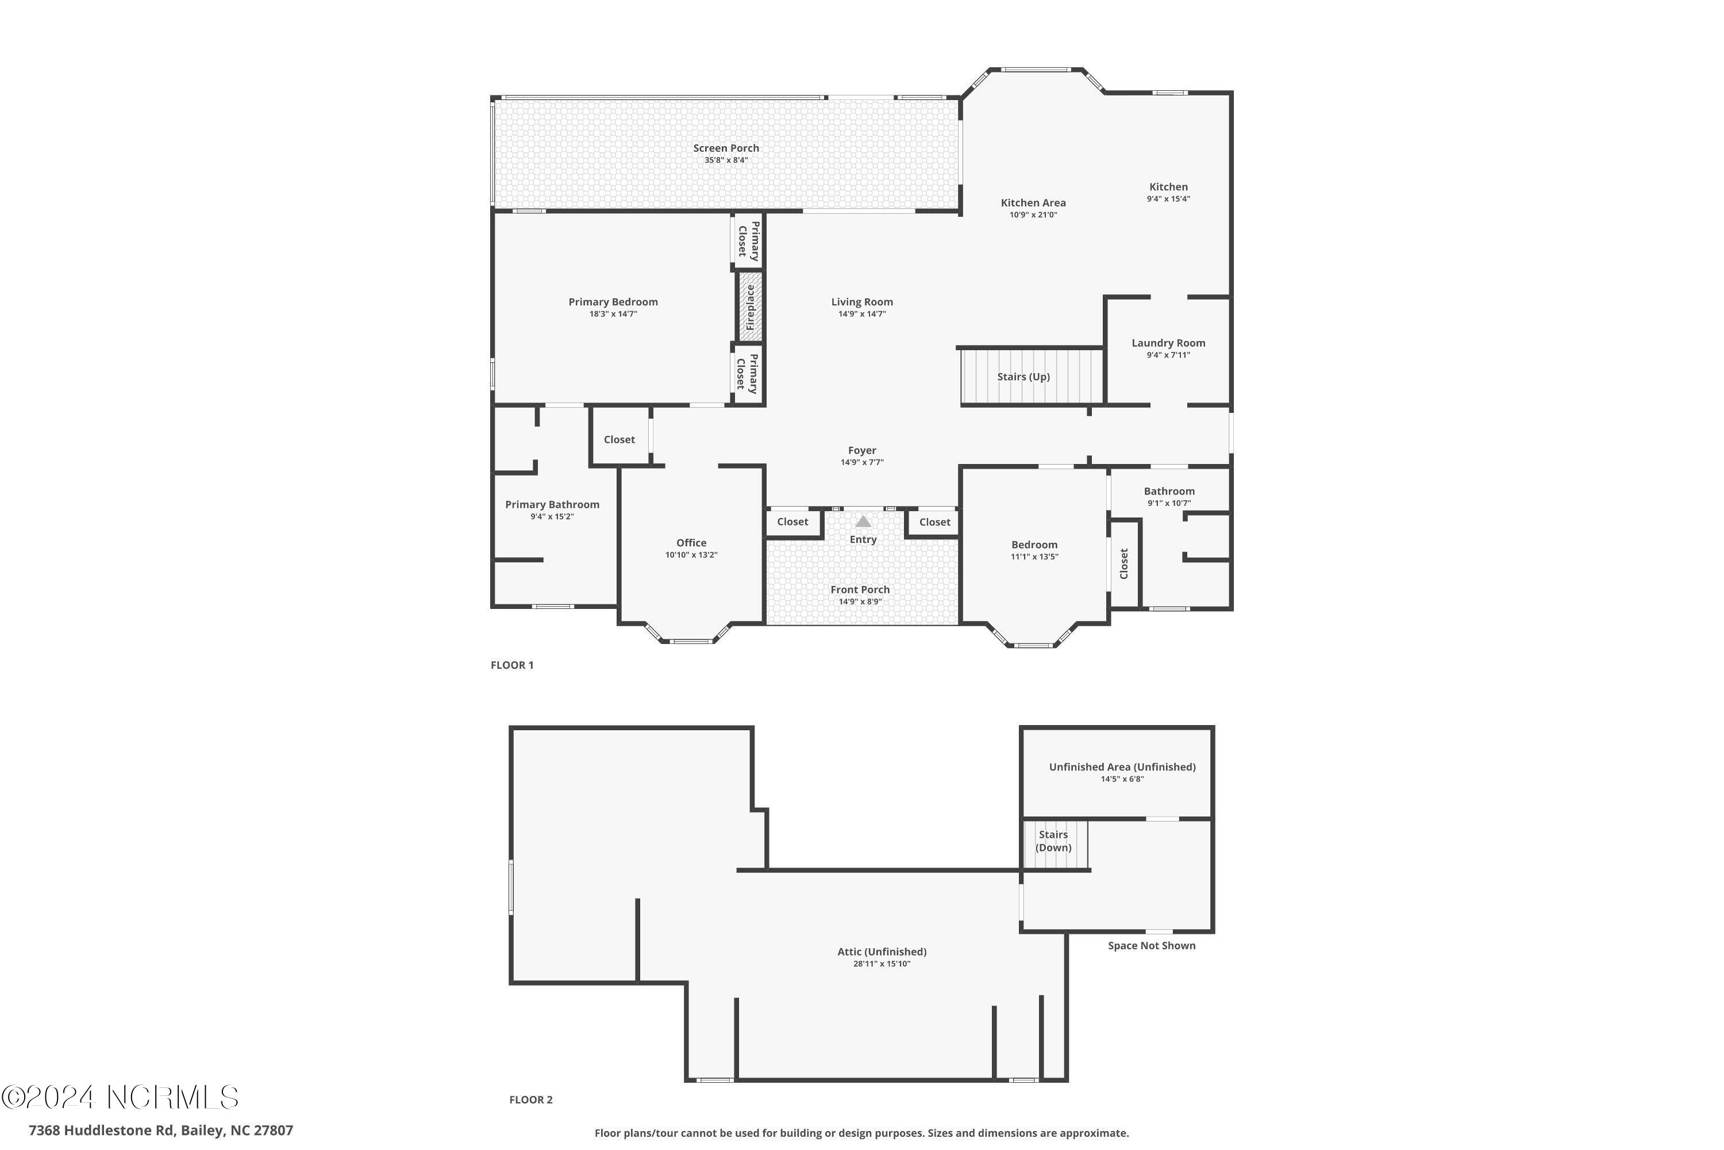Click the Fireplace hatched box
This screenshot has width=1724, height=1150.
coord(750,306)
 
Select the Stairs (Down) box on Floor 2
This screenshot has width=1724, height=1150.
coord(1055,843)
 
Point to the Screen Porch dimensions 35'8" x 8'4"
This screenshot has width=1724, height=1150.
coord(726,160)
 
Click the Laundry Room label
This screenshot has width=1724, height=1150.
coord(1168,343)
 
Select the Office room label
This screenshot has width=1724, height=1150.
coord(691,543)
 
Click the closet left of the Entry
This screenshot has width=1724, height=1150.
coord(792,522)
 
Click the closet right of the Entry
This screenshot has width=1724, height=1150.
coord(934,522)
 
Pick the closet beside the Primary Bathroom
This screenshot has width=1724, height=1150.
coord(619,440)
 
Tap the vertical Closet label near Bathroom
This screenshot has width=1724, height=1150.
coord(1125,563)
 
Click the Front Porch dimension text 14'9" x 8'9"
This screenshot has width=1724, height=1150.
coord(860,602)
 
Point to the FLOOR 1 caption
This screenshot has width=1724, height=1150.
coord(511,665)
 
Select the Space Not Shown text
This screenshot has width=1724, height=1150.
coord(1151,946)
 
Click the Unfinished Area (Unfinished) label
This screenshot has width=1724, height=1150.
coord(1122,767)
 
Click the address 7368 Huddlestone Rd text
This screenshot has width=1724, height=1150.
coord(160,1130)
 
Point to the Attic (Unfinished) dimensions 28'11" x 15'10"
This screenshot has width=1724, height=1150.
coord(881,964)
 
